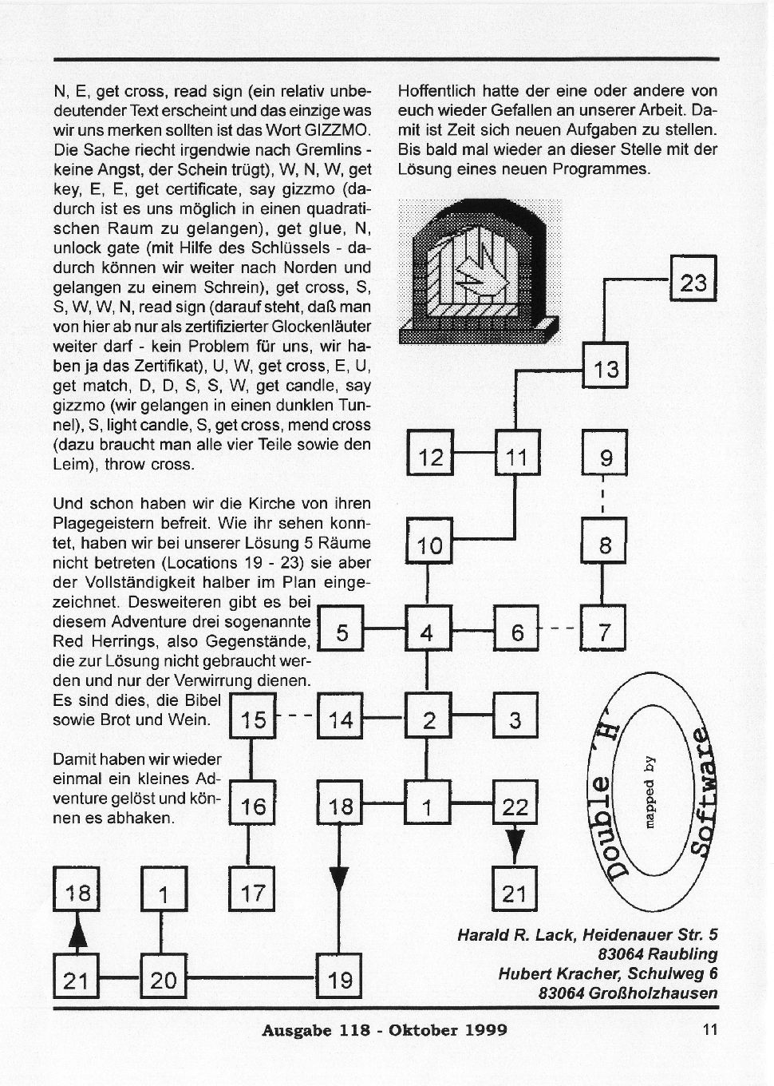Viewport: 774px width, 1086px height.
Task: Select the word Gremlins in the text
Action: coord(328,149)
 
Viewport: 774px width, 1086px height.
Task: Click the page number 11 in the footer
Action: coord(710,1030)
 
